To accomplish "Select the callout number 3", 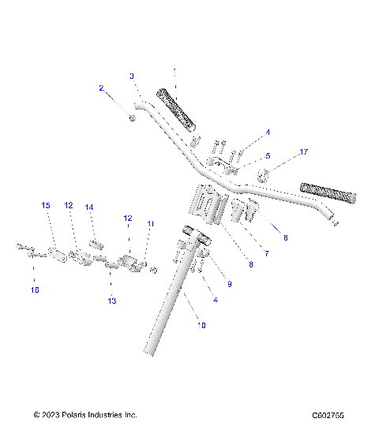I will [132, 76].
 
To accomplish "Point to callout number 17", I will [302, 151].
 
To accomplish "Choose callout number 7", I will [267, 253].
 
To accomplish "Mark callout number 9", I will [229, 283].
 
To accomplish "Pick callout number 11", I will [151, 224].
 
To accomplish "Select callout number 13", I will [111, 301].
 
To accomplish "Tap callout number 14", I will [90, 207].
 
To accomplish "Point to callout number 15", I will [45, 205].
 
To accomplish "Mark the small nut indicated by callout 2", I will [133, 118].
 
